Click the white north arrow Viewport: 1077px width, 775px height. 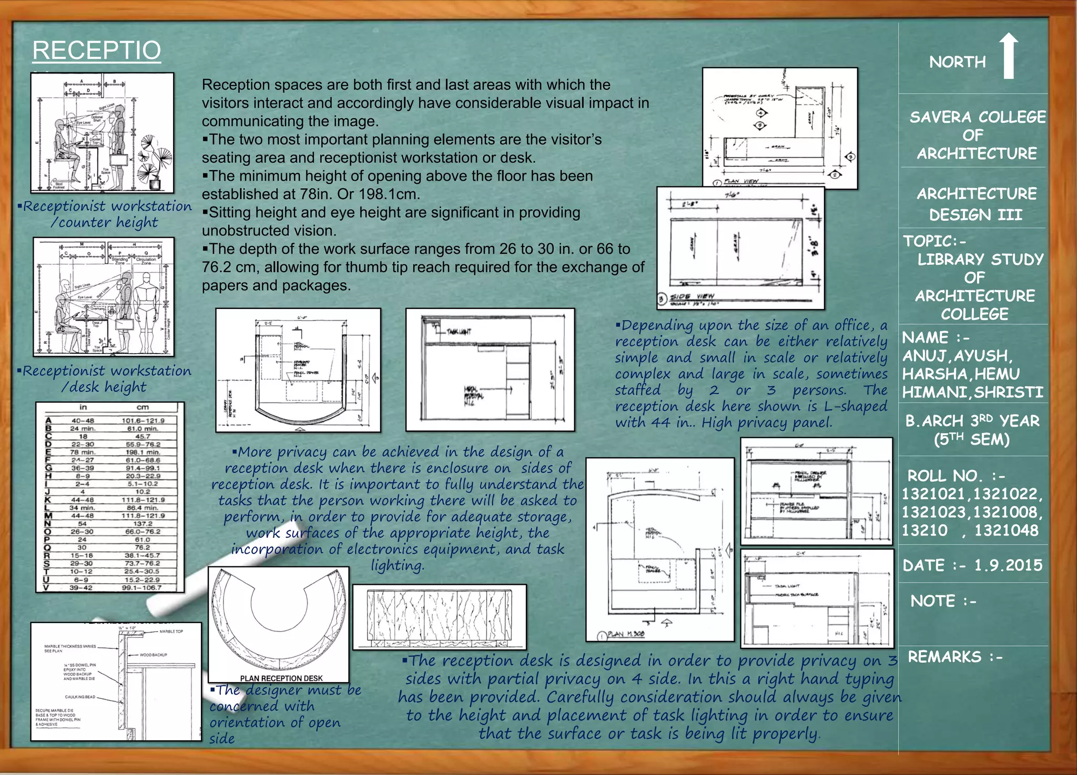click(1008, 56)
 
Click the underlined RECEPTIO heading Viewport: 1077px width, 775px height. click(96, 51)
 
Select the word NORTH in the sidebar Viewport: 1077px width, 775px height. click(957, 62)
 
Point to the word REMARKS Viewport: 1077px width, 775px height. click(944, 657)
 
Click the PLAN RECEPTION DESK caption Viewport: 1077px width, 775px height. click(281, 678)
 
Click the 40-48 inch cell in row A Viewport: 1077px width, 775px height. click(83, 420)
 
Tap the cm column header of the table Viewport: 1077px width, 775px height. click(143, 407)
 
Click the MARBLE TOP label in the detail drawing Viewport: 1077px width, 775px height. click(171, 631)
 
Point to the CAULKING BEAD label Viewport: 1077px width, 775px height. click(80, 697)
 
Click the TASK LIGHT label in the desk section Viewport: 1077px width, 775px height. click(459, 332)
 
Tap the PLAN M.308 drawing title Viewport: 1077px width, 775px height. click(625, 634)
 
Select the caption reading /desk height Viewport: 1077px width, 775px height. click(104, 387)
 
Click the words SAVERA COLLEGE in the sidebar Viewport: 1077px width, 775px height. click(977, 117)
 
